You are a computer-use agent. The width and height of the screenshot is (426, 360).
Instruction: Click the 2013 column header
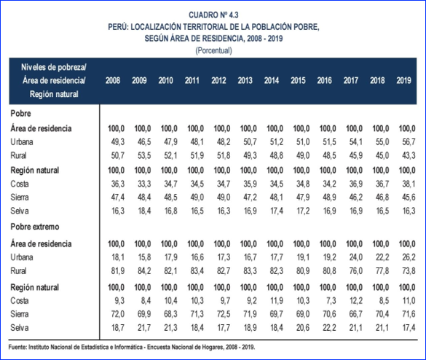point(245,80)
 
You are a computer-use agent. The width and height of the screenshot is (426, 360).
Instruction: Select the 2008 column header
point(113,80)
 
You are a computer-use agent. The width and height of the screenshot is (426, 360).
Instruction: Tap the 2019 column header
point(403,80)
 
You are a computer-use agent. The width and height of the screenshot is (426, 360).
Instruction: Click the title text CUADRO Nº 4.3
point(213,15)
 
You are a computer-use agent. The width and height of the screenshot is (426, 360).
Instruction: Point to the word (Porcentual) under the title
point(213,50)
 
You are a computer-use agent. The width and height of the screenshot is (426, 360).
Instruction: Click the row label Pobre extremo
point(35,227)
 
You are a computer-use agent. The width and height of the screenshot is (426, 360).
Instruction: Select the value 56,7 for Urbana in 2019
point(409,142)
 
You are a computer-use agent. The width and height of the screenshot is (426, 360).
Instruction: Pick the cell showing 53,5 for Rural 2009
point(144,155)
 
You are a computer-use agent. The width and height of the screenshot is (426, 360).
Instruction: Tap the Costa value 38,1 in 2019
point(409,184)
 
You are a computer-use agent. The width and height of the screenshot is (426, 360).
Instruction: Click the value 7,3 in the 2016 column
point(330,301)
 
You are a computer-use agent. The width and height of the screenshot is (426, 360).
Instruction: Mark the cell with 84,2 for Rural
point(144,271)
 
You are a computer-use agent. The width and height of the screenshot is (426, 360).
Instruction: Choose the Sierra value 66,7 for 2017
point(356,314)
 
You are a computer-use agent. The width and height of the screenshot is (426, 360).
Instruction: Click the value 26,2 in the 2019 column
point(409,257)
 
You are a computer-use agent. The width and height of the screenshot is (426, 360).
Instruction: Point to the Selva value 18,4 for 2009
point(144,211)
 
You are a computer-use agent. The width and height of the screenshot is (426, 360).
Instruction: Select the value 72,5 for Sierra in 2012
point(224,314)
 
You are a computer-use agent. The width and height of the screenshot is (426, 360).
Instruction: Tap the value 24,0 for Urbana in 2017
point(356,257)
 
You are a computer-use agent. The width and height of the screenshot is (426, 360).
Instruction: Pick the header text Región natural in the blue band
point(54,94)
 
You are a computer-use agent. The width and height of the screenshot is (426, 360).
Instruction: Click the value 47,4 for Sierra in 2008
point(118,197)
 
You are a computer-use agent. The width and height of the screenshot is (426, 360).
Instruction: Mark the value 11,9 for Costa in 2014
point(277,301)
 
